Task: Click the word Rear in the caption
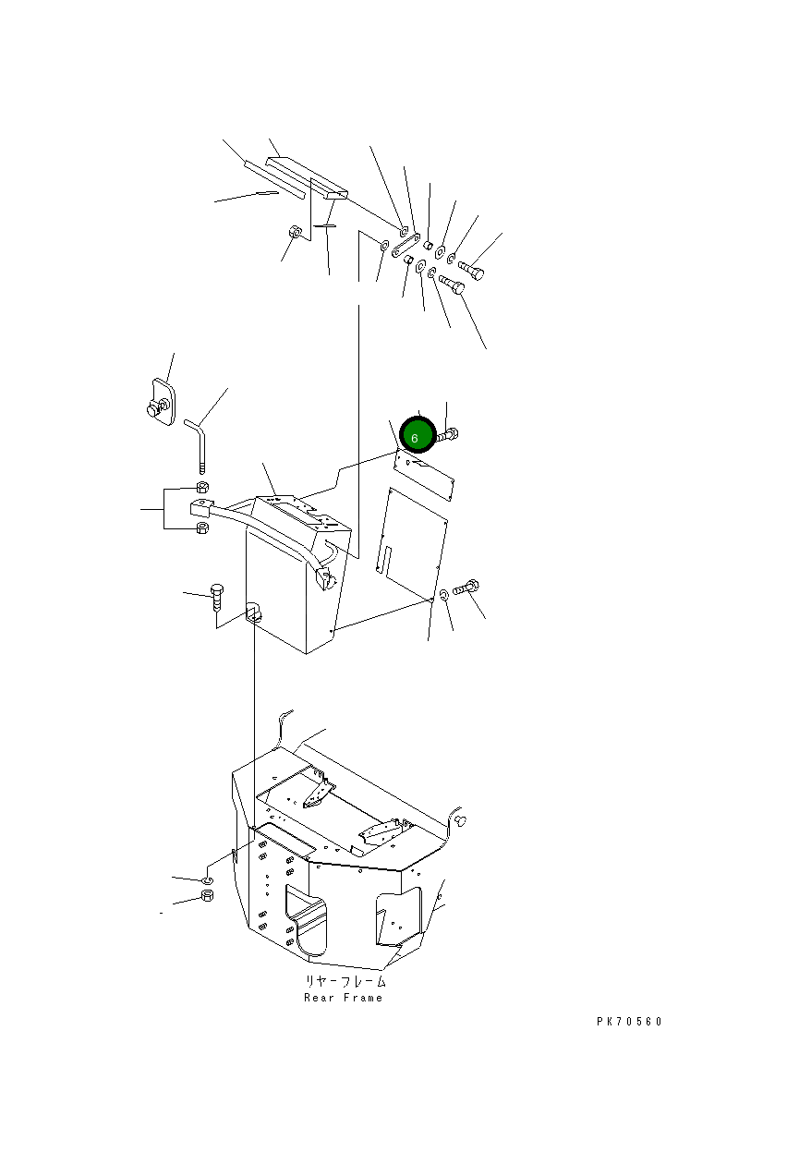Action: (319, 998)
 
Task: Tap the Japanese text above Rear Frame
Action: (345, 981)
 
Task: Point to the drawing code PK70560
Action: (629, 1022)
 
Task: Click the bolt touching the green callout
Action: (447, 435)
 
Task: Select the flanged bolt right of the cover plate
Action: (466, 588)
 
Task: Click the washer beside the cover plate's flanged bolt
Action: (444, 595)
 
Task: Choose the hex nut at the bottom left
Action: (207, 895)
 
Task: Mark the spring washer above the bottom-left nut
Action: (207, 879)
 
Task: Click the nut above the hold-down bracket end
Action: (202, 487)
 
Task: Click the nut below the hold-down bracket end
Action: (202, 528)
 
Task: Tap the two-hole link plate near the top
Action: (406, 246)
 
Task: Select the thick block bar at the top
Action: (307, 178)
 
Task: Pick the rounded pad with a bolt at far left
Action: (162, 402)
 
